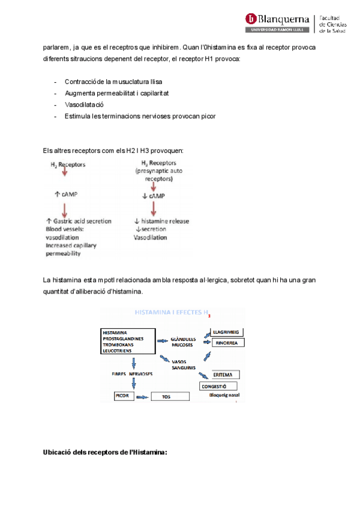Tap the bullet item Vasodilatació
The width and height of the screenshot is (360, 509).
[84, 104]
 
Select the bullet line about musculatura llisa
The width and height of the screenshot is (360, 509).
[113, 82]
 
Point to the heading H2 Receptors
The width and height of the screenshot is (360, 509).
[67, 163]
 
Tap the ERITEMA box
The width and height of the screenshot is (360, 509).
[222, 374]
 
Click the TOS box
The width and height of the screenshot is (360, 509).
[171, 397]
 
